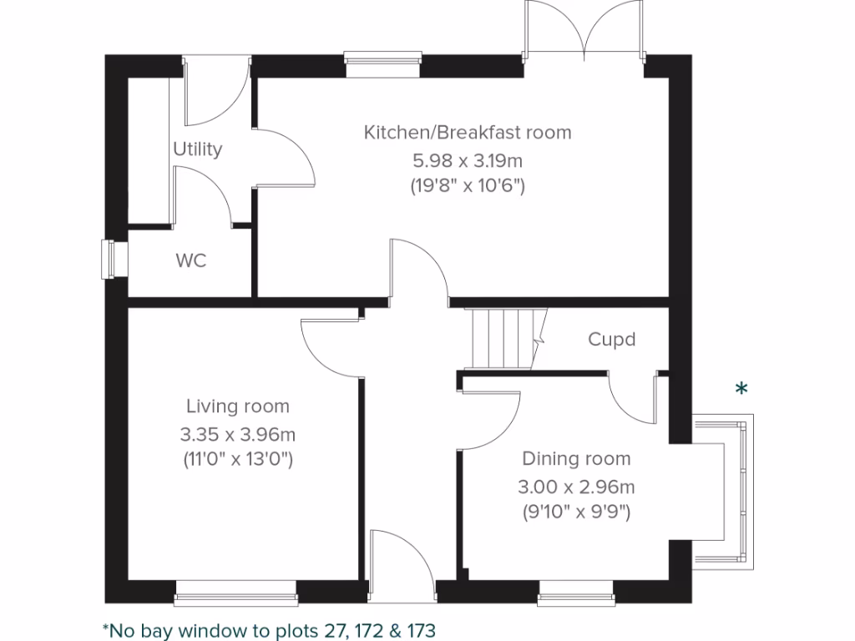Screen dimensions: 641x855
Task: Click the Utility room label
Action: [x=197, y=149]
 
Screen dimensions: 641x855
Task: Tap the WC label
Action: [x=190, y=261]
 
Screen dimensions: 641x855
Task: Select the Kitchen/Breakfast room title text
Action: [x=467, y=132]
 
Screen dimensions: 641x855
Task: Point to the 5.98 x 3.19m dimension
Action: [x=467, y=159]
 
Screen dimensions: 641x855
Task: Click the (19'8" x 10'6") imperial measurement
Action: [x=467, y=186]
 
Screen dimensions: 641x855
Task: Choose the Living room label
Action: [x=237, y=406]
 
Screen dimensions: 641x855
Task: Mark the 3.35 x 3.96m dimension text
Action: [x=237, y=434]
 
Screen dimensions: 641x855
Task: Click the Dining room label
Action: [x=576, y=458]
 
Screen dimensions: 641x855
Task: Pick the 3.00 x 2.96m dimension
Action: [x=576, y=486]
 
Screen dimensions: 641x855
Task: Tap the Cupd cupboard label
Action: [x=611, y=340]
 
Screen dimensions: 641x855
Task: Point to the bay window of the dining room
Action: [x=725, y=492]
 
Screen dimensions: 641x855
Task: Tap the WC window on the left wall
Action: [x=110, y=259]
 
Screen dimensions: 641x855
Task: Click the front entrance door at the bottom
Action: [x=402, y=568]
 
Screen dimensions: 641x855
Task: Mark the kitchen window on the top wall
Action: [x=382, y=65]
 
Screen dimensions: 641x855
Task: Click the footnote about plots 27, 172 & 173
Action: [x=269, y=628]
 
